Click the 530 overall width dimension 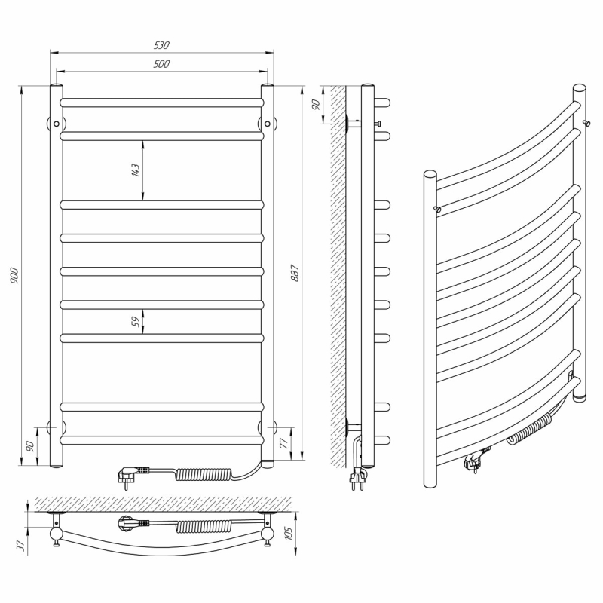[x=161, y=45]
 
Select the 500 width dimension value [x=161, y=64]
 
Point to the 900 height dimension [x=14, y=275]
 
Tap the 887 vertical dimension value [x=295, y=273]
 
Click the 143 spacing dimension [x=136, y=170]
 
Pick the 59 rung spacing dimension [x=136, y=322]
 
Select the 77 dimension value [x=284, y=443]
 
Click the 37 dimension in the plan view [x=23, y=544]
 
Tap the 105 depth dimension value [x=289, y=533]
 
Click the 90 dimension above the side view [x=315, y=104]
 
